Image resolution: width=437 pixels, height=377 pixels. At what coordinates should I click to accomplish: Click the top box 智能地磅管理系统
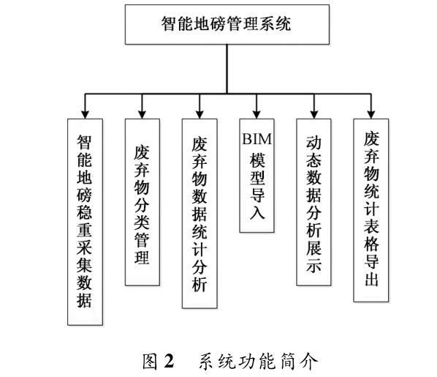(227, 24)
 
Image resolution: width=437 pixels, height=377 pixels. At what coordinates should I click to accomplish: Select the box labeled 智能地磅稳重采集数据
(85, 222)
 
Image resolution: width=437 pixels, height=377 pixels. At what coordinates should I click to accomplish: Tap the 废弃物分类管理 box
(142, 202)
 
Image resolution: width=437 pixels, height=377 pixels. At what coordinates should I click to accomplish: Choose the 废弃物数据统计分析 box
(199, 214)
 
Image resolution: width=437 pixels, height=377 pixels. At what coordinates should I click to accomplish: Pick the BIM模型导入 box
(256, 176)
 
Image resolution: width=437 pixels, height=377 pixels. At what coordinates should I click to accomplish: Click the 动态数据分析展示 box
(313, 202)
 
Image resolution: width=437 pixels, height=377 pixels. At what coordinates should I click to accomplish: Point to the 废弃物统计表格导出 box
(371, 210)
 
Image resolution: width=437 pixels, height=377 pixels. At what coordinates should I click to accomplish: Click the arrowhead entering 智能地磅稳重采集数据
(85, 115)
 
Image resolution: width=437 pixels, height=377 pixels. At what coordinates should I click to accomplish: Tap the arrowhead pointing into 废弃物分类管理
(142, 115)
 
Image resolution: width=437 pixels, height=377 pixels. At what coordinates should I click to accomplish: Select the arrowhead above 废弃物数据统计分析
(199, 115)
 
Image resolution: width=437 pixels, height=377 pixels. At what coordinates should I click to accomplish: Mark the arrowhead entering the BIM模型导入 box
(256, 115)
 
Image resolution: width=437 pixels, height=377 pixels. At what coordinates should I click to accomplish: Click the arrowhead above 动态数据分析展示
(314, 115)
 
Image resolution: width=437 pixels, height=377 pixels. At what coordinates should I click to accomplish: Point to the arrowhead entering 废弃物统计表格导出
(371, 115)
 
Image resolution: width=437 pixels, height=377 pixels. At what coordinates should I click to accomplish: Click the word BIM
(256, 139)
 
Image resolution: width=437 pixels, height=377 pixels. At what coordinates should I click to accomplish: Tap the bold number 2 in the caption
(169, 361)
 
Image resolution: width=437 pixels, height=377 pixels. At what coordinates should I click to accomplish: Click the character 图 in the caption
(151, 361)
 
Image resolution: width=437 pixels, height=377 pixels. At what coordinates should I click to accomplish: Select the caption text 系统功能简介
(259, 361)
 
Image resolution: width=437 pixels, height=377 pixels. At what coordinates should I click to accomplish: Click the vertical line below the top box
(227, 69)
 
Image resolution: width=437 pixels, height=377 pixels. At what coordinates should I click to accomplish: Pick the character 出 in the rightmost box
(371, 279)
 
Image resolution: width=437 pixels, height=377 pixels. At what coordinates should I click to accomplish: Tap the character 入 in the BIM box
(257, 212)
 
